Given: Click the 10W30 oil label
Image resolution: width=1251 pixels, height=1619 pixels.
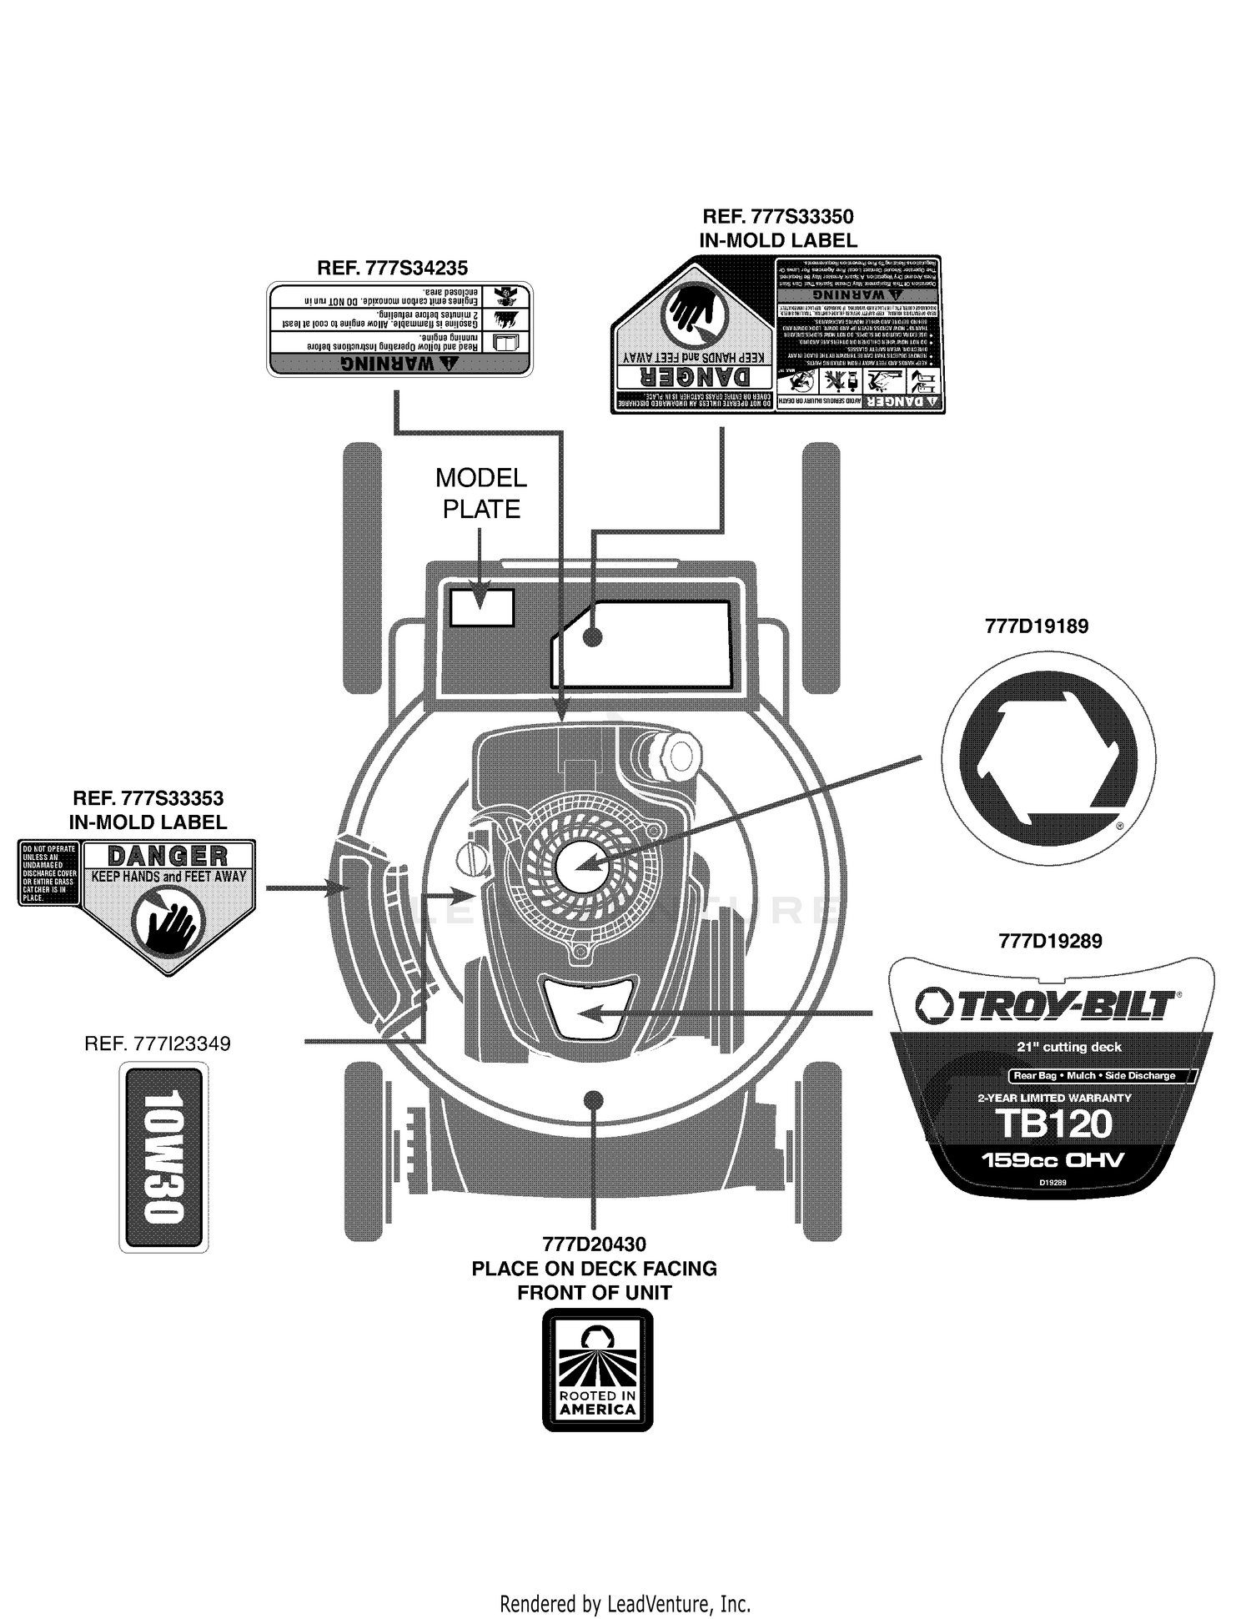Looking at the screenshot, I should coord(163,1157).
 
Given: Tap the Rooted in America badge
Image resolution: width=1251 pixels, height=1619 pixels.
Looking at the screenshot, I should coord(597,1370).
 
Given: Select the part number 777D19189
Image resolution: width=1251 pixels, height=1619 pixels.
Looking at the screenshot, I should coord(1037,626).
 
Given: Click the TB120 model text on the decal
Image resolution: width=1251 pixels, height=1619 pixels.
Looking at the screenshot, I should coord(1054,1124).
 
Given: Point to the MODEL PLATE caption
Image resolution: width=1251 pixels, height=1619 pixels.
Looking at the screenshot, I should coord(481,493).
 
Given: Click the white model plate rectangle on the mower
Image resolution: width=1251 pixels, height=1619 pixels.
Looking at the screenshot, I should coord(482,607).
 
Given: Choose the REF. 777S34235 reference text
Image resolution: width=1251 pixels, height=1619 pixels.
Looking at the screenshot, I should coord(392,269).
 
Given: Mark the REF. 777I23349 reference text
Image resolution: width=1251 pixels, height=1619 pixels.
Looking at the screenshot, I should coord(158,1043).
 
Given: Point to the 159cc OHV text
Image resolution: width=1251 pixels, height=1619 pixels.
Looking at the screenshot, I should coord(1053,1159).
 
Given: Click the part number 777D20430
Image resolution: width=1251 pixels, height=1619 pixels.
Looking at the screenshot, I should coord(594,1244).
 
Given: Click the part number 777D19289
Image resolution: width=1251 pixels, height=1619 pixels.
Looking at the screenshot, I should coord(1050,941).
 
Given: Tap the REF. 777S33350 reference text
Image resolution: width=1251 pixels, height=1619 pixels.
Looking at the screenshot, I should coord(778,217).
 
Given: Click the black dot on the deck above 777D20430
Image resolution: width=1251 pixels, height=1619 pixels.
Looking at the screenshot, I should coord(594,1099).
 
